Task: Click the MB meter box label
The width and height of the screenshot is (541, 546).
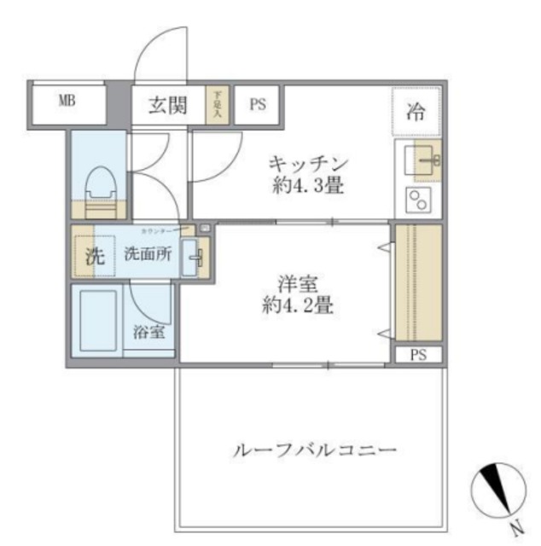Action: coord(67,102)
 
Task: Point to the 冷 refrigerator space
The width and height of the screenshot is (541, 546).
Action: coord(416,113)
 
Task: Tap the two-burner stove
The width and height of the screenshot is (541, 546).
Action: coord(418,201)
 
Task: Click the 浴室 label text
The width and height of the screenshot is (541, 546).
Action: coord(149,333)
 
